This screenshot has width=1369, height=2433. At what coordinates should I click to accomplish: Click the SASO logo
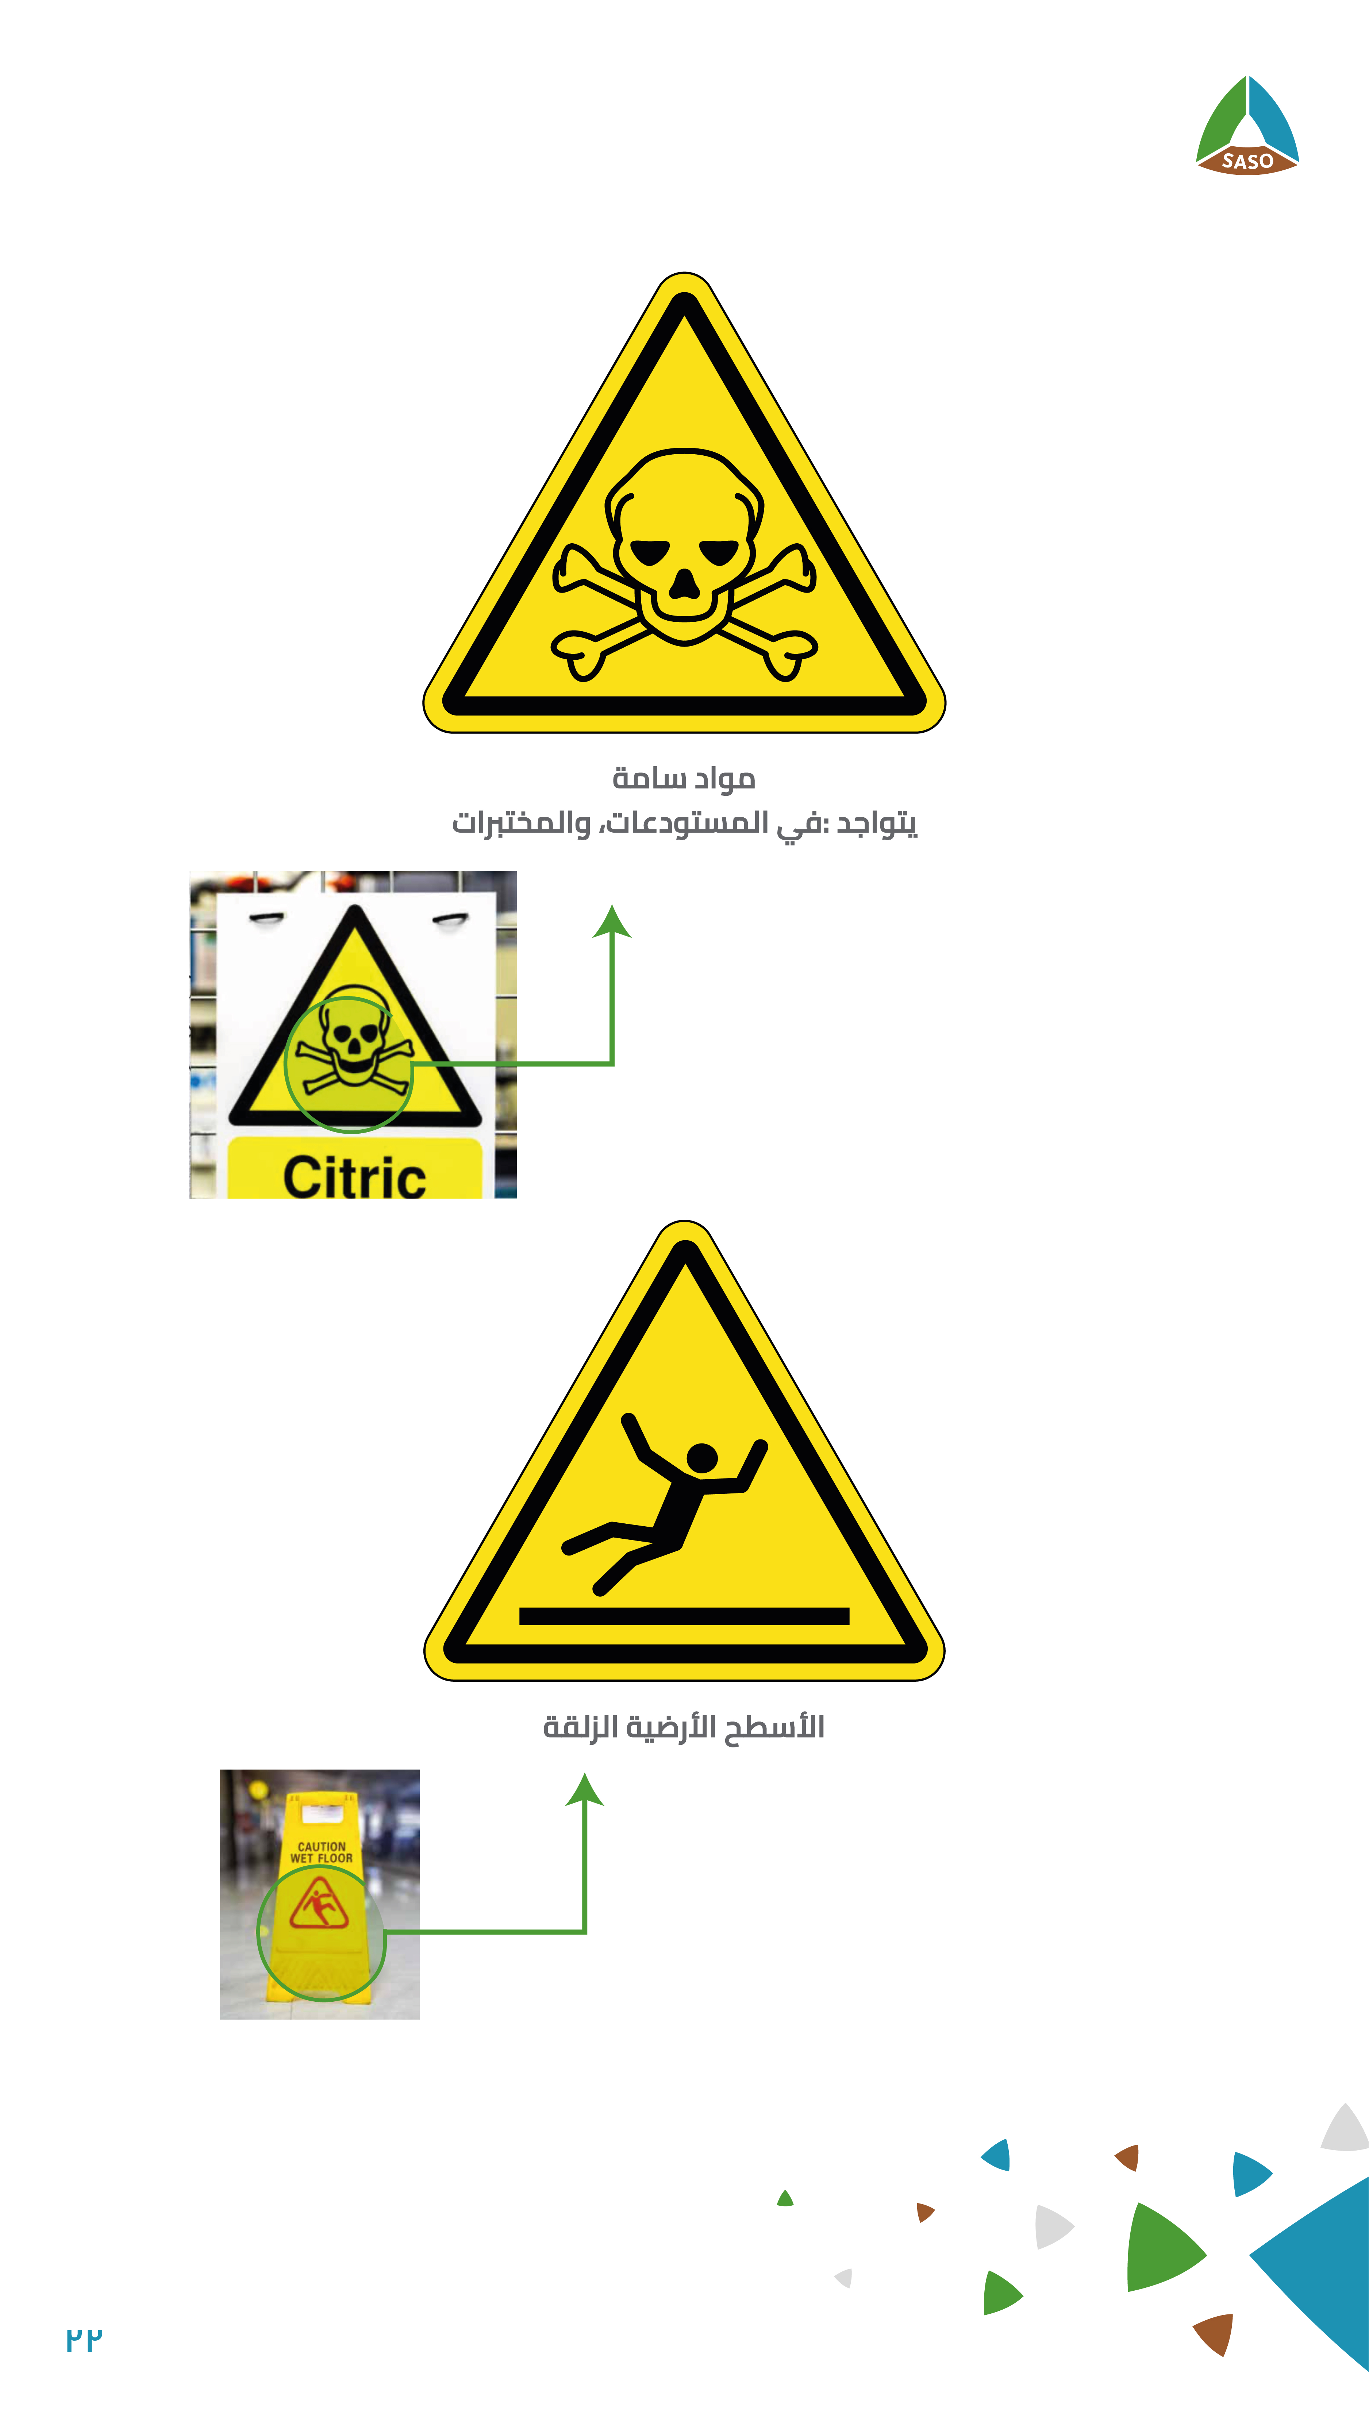[x=1247, y=126]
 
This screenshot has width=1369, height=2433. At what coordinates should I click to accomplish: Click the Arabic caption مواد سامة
[x=684, y=778]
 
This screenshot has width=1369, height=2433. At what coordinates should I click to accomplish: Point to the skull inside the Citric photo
[x=353, y=1039]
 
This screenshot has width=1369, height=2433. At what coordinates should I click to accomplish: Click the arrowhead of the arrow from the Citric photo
[x=612, y=921]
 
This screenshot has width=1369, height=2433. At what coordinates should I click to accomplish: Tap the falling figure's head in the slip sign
[x=702, y=1457]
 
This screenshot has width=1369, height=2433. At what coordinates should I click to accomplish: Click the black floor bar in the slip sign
[x=684, y=1616]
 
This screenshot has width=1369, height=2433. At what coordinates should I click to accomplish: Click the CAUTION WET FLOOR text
[x=321, y=1852]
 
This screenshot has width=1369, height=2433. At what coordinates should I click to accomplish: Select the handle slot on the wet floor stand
[x=322, y=1813]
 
